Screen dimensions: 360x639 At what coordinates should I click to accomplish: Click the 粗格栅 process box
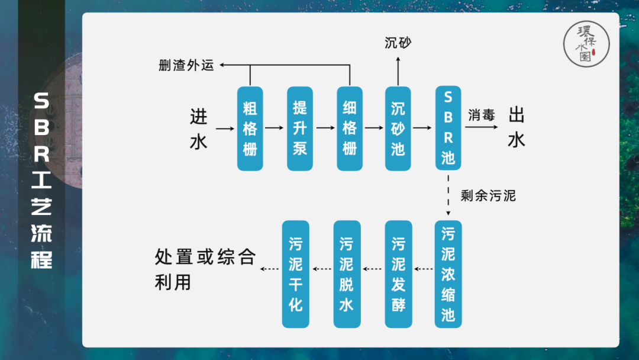pyautogui.click(x=250, y=128)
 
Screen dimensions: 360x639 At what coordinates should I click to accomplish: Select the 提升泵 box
pyautogui.click(x=300, y=128)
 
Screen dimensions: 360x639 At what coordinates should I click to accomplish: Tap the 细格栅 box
pyautogui.click(x=350, y=128)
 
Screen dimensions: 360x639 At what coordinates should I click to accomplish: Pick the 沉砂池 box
pyautogui.click(x=398, y=128)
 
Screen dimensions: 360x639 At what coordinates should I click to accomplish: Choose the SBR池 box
pyautogui.click(x=448, y=128)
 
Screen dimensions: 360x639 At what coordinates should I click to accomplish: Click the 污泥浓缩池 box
pyautogui.click(x=448, y=274)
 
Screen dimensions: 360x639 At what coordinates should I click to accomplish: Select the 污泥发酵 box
pyautogui.click(x=398, y=274)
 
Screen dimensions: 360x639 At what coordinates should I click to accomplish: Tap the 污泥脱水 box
pyautogui.click(x=347, y=274)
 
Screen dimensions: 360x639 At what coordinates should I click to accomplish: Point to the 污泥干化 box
pyautogui.click(x=296, y=274)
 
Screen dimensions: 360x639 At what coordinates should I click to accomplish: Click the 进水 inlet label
pyautogui.click(x=199, y=129)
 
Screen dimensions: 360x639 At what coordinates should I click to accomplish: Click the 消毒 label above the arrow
pyautogui.click(x=481, y=115)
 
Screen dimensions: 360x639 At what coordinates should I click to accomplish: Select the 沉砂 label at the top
pyautogui.click(x=398, y=43)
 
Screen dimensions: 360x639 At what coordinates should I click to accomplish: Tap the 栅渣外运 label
pyautogui.click(x=186, y=65)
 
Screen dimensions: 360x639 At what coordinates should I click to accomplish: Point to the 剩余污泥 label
pyautogui.click(x=488, y=195)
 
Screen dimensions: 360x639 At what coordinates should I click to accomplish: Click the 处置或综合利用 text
pyautogui.click(x=205, y=269)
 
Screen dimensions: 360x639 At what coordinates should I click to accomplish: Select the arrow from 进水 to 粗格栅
pyautogui.click(x=225, y=128)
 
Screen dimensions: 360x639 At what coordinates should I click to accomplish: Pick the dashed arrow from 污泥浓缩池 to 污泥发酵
pyautogui.click(x=424, y=269)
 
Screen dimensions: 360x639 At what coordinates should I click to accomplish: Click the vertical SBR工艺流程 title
pyautogui.click(x=41, y=180)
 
